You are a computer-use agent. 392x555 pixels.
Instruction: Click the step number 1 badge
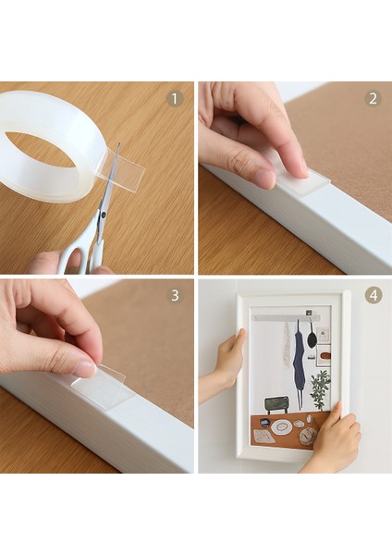tap(175, 99)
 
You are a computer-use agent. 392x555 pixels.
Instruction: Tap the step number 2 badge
tap(373, 99)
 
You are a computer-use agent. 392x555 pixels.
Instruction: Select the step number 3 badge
tap(175, 296)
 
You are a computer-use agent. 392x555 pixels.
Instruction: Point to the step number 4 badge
tap(373, 296)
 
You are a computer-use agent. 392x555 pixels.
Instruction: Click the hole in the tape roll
tap(42, 148)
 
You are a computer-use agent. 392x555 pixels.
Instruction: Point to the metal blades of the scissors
tap(108, 190)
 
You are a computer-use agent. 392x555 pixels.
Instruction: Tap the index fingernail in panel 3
tap(84, 369)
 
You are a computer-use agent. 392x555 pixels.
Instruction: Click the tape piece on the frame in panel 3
tap(104, 386)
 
